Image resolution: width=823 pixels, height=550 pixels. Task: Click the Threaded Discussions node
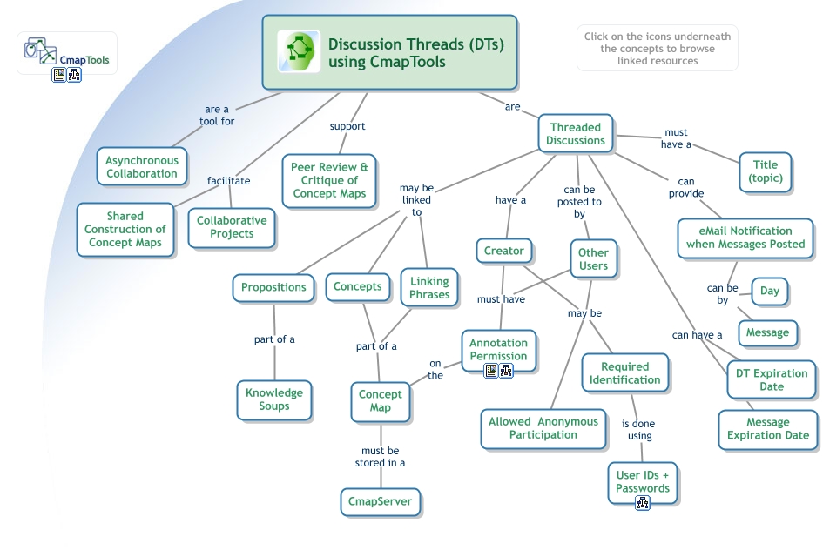coord(576,134)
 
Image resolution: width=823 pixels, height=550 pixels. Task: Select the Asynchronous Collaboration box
coord(142,167)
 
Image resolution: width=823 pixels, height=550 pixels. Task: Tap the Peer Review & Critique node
coord(329,180)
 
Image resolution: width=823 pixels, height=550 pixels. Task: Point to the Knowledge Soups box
coord(273,399)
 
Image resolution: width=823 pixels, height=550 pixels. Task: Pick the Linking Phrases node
coord(429,288)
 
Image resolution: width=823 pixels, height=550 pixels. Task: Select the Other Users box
coord(593,259)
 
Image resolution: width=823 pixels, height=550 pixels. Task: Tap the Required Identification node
coord(624,373)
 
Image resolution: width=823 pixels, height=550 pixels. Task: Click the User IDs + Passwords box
coord(642,481)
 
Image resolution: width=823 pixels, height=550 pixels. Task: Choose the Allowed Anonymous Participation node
coord(543,428)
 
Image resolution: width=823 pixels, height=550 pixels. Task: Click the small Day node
coord(769,291)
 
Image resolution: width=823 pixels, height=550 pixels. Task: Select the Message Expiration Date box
coord(767,429)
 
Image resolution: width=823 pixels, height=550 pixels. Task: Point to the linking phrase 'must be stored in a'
coord(380,457)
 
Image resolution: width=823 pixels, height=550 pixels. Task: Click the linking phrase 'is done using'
coord(638,430)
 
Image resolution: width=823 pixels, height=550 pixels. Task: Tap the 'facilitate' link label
coord(228,181)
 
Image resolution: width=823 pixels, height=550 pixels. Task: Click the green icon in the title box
coord(299,51)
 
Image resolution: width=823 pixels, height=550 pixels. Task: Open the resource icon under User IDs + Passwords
coord(642,503)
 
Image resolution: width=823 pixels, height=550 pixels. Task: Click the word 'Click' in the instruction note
coord(597,37)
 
